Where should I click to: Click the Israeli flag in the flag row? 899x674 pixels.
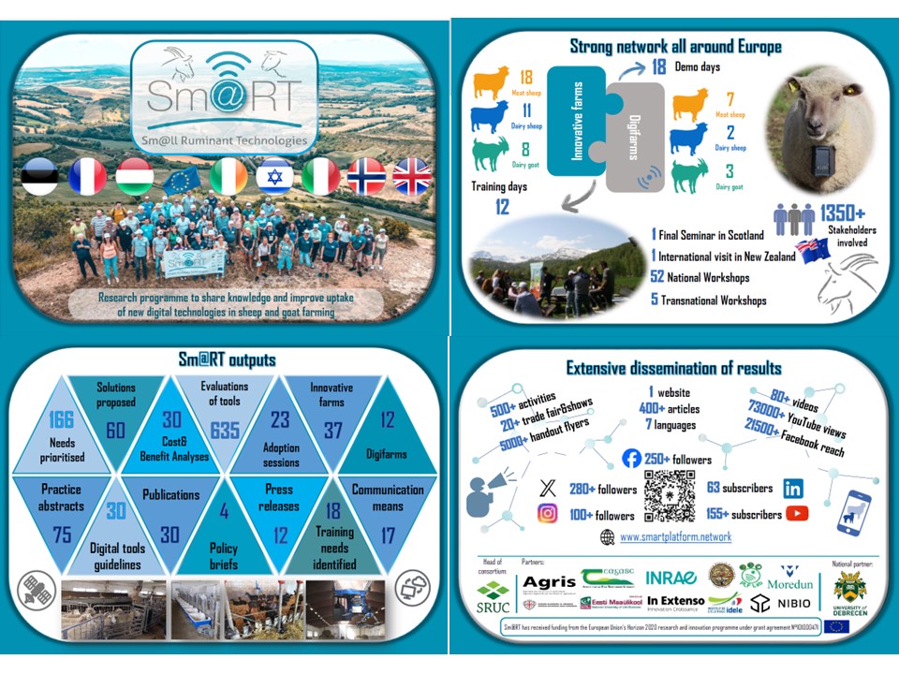pos(273,176)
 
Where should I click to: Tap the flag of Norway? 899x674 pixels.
pos(365,176)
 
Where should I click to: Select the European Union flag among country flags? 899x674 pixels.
pos(182,176)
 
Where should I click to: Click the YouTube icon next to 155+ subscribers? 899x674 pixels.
pos(798,513)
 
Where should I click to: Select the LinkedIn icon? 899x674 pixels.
pos(792,488)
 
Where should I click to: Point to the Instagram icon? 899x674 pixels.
pos(549,513)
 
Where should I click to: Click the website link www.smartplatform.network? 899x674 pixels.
pos(675,536)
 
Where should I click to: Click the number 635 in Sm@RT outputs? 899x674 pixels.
pos(225,430)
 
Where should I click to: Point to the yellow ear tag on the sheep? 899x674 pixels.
pos(850,91)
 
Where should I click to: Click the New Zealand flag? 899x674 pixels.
pos(808,250)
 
